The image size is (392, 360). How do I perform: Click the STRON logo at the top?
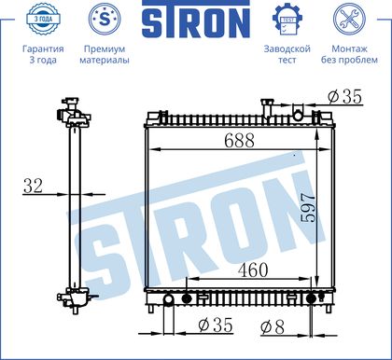[196, 20]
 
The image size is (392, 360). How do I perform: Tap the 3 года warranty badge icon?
[43, 19]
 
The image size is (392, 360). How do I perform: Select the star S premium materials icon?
[105, 19]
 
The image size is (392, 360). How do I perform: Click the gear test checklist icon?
[287, 20]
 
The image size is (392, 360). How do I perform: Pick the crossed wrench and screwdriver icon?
[349, 19]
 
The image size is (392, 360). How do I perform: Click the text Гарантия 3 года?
[43, 54]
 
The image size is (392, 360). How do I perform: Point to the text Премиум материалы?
[105, 54]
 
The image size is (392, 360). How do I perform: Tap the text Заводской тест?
[287, 54]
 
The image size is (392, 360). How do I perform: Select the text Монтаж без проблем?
[349, 54]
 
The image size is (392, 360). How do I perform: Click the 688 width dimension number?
[239, 141]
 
